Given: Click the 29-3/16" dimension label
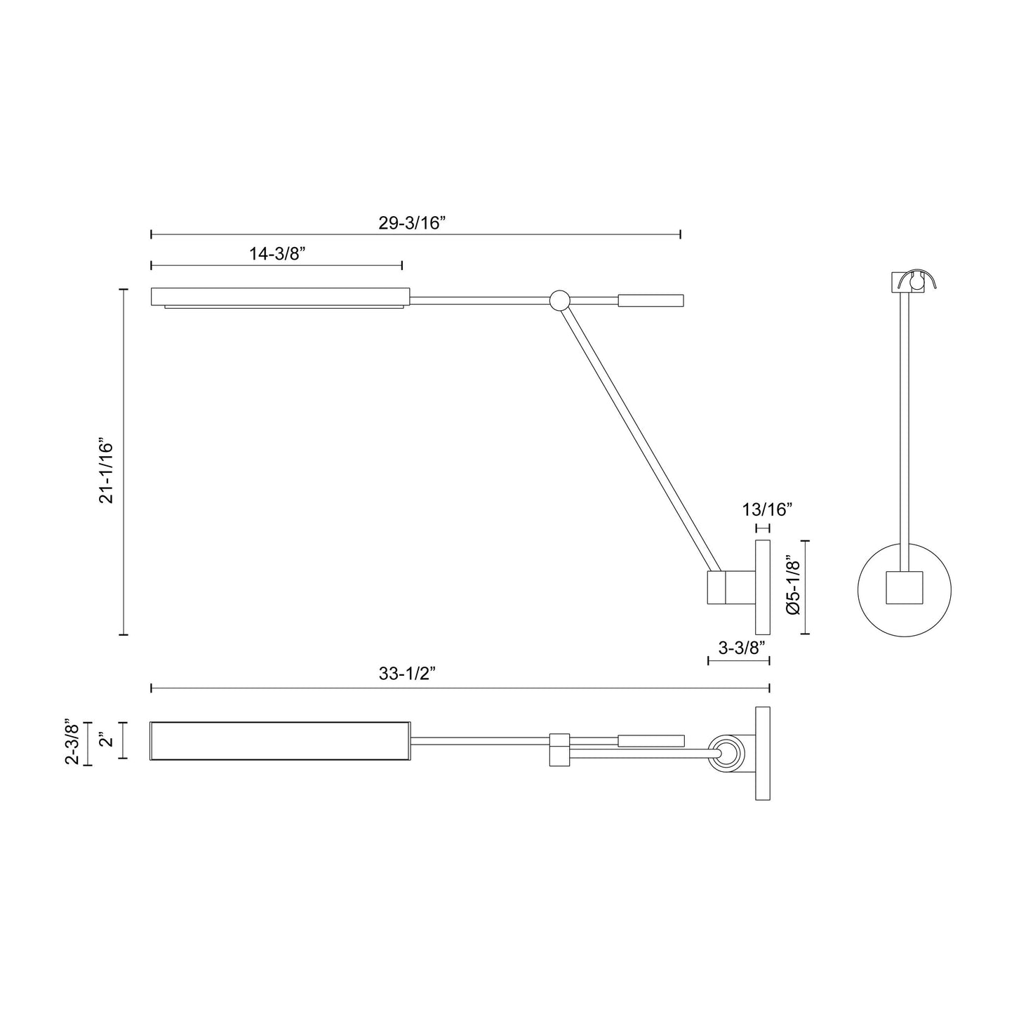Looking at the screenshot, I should (413, 223).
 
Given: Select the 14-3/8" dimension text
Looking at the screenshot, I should (275, 254).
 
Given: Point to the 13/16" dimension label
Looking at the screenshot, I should (767, 509).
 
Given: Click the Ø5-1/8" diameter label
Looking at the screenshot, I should (794, 587).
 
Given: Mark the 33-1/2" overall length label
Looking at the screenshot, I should (408, 674).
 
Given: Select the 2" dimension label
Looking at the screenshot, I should (105, 740).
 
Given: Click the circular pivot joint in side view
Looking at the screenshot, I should (559, 300).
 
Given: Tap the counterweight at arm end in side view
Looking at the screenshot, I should (650, 301).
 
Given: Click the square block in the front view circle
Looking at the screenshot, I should (904, 588).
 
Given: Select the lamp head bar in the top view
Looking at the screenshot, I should (280, 740).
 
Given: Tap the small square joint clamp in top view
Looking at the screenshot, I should (559, 749).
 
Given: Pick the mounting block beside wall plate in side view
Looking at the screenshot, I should (730, 587).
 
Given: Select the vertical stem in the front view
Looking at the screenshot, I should (905, 421).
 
